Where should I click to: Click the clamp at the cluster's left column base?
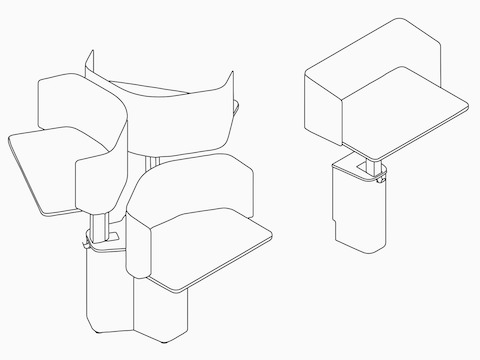pos(93,240)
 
